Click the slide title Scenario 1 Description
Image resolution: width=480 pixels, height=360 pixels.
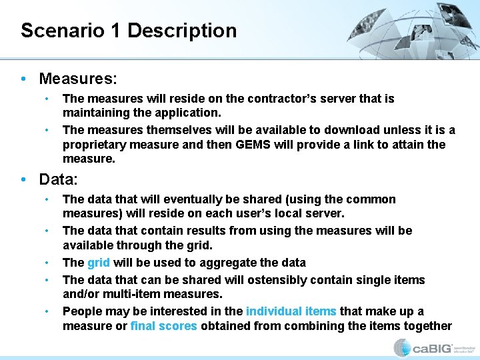point(129,31)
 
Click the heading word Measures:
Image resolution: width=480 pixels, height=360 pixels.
point(78,79)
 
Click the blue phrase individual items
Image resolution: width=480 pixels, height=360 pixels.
point(291,311)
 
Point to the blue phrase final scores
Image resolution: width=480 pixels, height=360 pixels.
point(164,326)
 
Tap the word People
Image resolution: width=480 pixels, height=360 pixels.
point(81,311)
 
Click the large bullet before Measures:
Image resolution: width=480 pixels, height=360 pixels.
point(23,79)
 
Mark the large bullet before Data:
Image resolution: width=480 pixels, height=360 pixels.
point(23,179)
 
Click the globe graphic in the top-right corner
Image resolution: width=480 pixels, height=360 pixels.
point(427,30)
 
